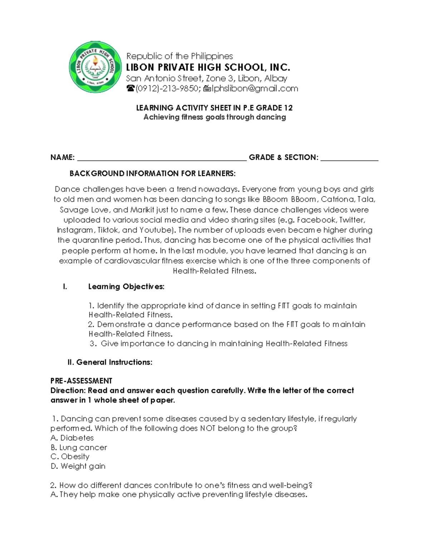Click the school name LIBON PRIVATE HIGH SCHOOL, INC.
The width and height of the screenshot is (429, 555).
[208, 68]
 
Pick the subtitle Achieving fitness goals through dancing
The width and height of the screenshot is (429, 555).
[214, 117]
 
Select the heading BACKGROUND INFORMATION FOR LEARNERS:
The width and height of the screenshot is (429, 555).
[152, 174]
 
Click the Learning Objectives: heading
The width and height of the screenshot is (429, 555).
[126, 287]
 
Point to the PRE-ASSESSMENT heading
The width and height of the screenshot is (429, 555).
[81, 381]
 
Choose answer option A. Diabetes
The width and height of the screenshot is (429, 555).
[72, 438]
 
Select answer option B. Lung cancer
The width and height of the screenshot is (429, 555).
[79, 447]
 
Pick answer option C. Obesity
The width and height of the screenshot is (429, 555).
[70, 457]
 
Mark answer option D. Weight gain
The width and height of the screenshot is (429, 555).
[78, 466]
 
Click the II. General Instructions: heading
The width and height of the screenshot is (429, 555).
[110, 362]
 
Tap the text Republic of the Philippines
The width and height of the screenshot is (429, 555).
[179, 56]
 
